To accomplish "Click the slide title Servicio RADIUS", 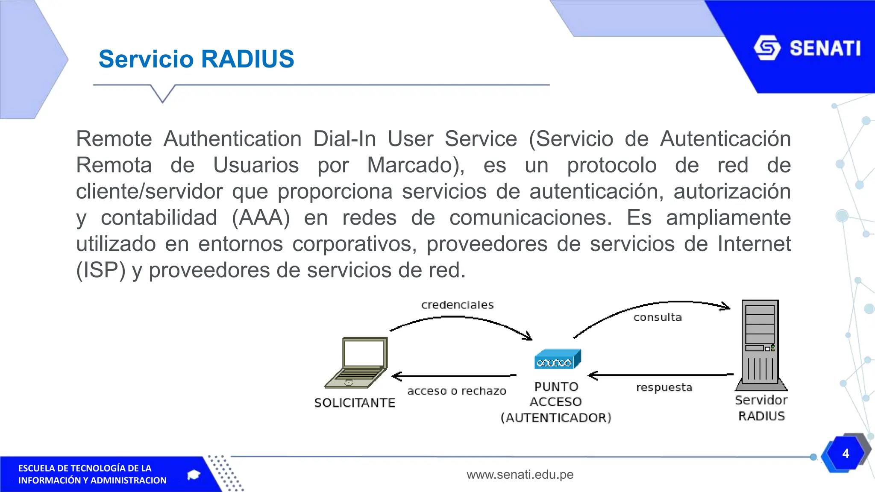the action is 197,59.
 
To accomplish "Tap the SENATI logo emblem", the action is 767,48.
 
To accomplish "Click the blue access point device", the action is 558,359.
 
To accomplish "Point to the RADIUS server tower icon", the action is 761,345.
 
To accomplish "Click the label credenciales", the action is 458,305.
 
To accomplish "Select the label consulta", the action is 658,317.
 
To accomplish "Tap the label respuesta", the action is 664,388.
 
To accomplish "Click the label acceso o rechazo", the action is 457,391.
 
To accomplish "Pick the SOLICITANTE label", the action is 355,403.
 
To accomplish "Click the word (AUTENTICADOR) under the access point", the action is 556,418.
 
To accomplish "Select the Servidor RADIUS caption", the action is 761,408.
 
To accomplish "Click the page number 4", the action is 846,454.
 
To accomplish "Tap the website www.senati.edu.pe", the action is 520,474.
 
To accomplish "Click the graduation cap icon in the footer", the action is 194,475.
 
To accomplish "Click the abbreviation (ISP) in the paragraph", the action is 101,270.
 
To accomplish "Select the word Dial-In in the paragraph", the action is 344,139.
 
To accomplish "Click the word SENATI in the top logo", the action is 825,48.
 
